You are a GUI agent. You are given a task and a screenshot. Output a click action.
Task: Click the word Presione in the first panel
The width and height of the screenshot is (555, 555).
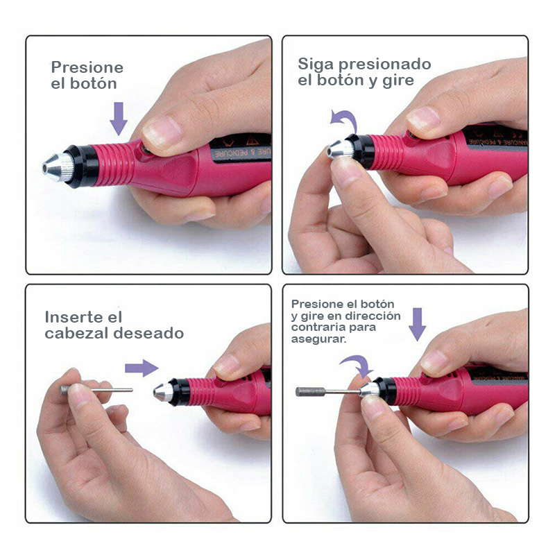87,67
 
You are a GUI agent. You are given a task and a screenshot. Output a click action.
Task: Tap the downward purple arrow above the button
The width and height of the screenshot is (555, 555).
119,118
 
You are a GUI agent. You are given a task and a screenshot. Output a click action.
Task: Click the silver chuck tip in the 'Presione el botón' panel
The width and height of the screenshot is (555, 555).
60,166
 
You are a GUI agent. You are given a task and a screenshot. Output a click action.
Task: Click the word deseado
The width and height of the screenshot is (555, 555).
148,334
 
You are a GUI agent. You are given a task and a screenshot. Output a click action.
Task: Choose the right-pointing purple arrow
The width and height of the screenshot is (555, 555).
142,368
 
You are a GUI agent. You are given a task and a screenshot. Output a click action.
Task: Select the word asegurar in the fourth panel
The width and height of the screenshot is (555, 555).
318,341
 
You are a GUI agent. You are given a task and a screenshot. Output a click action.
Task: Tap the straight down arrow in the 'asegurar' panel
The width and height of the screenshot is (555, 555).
417,324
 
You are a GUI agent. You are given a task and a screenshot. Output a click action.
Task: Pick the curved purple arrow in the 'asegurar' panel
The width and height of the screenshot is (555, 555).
357,366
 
